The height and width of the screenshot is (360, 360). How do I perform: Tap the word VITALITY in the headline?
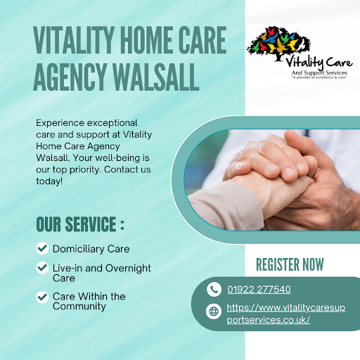click(x=74, y=40)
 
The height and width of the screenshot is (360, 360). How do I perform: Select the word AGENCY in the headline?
click(x=70, y=77)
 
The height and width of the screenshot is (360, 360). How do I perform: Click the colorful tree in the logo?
click(x=279, y=44)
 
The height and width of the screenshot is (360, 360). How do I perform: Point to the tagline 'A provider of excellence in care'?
click(x=319, y=77)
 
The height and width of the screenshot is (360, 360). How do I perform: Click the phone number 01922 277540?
click(x=259, y=290)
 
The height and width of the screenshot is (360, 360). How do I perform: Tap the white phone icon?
click(x=214, y=290)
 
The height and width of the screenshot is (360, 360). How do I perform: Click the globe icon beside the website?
click(x=214, y=311)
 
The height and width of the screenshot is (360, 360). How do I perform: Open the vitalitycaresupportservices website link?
click(x=286, y=314)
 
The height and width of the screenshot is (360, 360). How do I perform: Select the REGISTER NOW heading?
click(x=290, y=264)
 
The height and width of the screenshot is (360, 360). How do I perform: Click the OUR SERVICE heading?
click(x=80, y=224)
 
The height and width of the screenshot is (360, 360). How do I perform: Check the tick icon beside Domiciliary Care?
click(x=42, y=248)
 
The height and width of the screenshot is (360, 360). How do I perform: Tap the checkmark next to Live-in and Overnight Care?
click(x=42, y=267)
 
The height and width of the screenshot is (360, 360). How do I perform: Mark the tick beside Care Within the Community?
click(x=42, y=297)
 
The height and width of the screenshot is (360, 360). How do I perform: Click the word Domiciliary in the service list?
click(x=78, y=249)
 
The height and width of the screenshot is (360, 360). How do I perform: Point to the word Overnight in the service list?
click(x=128, y=269)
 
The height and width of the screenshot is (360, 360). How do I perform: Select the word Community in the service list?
click(x=79, y=307)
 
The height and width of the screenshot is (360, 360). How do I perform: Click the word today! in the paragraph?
click(x=49, y=181)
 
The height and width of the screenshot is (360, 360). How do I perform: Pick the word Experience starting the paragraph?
click(x=60, y=123)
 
